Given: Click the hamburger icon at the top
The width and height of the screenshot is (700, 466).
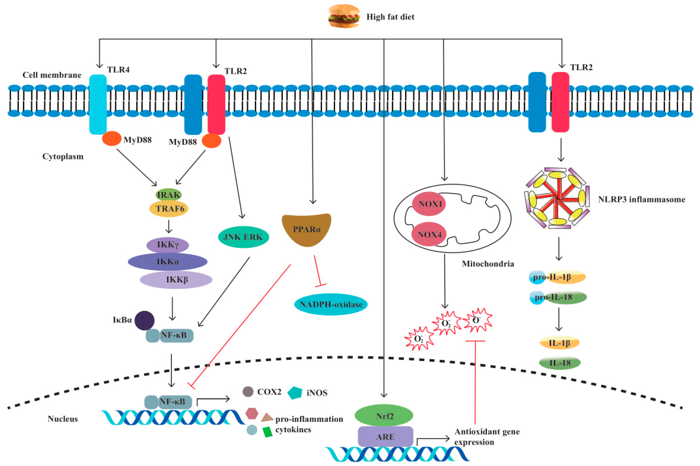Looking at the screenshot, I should click(x=344, y=16).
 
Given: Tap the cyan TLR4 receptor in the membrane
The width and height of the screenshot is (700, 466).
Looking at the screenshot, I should click(x=98, y=104).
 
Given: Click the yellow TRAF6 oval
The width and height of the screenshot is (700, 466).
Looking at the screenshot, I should click(x=169, y=209).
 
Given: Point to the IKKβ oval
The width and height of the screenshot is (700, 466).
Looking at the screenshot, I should click(x=176, y=280).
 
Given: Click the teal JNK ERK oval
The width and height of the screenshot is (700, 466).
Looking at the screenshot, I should click(x=243, y=237).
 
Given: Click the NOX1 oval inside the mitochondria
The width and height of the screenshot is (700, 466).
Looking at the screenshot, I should click(x=429, y=204).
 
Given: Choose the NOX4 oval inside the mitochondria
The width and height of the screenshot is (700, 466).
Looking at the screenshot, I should click(x=429, y=235).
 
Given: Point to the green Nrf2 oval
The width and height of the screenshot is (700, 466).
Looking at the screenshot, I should click(x=384, y=416).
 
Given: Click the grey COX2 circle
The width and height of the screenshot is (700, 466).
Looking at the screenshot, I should click(x=248, y=392).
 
